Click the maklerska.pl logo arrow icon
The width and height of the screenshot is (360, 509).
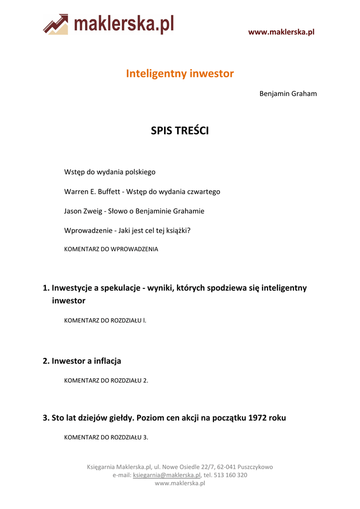click(56, 24)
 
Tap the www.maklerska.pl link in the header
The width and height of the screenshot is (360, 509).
click(281, 32)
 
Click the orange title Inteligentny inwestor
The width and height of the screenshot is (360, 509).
click(180, 74)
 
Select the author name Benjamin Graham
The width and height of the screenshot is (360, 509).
click(288, 93)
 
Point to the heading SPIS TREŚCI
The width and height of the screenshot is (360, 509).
click(180, 131)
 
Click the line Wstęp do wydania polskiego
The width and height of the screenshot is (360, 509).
click(110, 172)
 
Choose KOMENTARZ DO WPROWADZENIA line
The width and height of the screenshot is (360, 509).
click(111, 249)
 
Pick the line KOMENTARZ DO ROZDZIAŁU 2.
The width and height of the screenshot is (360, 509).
click(106, 380)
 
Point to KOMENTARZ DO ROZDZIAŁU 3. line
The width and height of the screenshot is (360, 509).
click(106, 437)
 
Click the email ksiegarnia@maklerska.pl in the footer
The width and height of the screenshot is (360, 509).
click(167, 475)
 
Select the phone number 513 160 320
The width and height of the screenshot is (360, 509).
click(230, 475)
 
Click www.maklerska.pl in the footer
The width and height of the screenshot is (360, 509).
click(180, 483)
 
